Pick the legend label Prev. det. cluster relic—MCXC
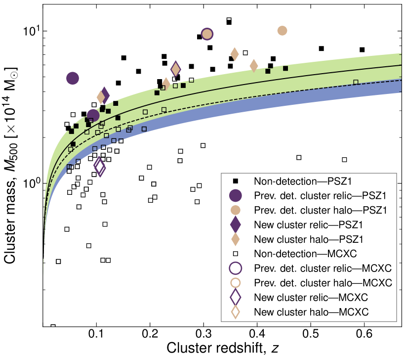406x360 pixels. coord(323,269)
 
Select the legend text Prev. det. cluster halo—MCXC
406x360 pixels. coord(323,283)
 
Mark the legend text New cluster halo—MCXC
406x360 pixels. coord(311,312)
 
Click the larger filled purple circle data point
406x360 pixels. coord(73,78)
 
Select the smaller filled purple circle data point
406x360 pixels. coord(93,115)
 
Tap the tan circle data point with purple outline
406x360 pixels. coord(207,34)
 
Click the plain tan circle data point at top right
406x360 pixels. coord(282,31)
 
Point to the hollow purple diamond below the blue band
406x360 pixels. coord(100,167)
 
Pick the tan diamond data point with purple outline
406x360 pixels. coord(175,69)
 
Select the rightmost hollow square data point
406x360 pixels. coord(356,82)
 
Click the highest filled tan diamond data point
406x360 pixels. coord(235,54)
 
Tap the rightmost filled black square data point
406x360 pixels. coord(285,68)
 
